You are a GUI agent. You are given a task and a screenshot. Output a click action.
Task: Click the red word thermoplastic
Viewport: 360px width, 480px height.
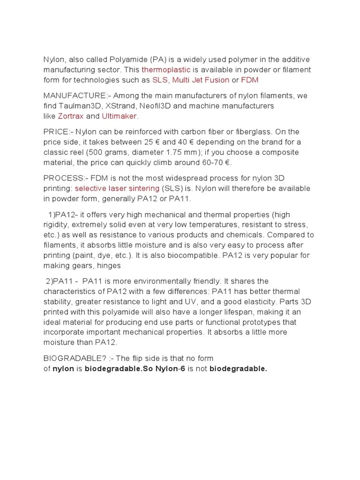166,70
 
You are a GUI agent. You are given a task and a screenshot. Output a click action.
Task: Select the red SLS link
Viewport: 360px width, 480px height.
160,80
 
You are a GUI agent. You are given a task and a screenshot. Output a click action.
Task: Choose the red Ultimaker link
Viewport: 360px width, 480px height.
120,116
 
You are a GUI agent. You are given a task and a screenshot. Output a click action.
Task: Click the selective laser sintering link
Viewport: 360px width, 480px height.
117,188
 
